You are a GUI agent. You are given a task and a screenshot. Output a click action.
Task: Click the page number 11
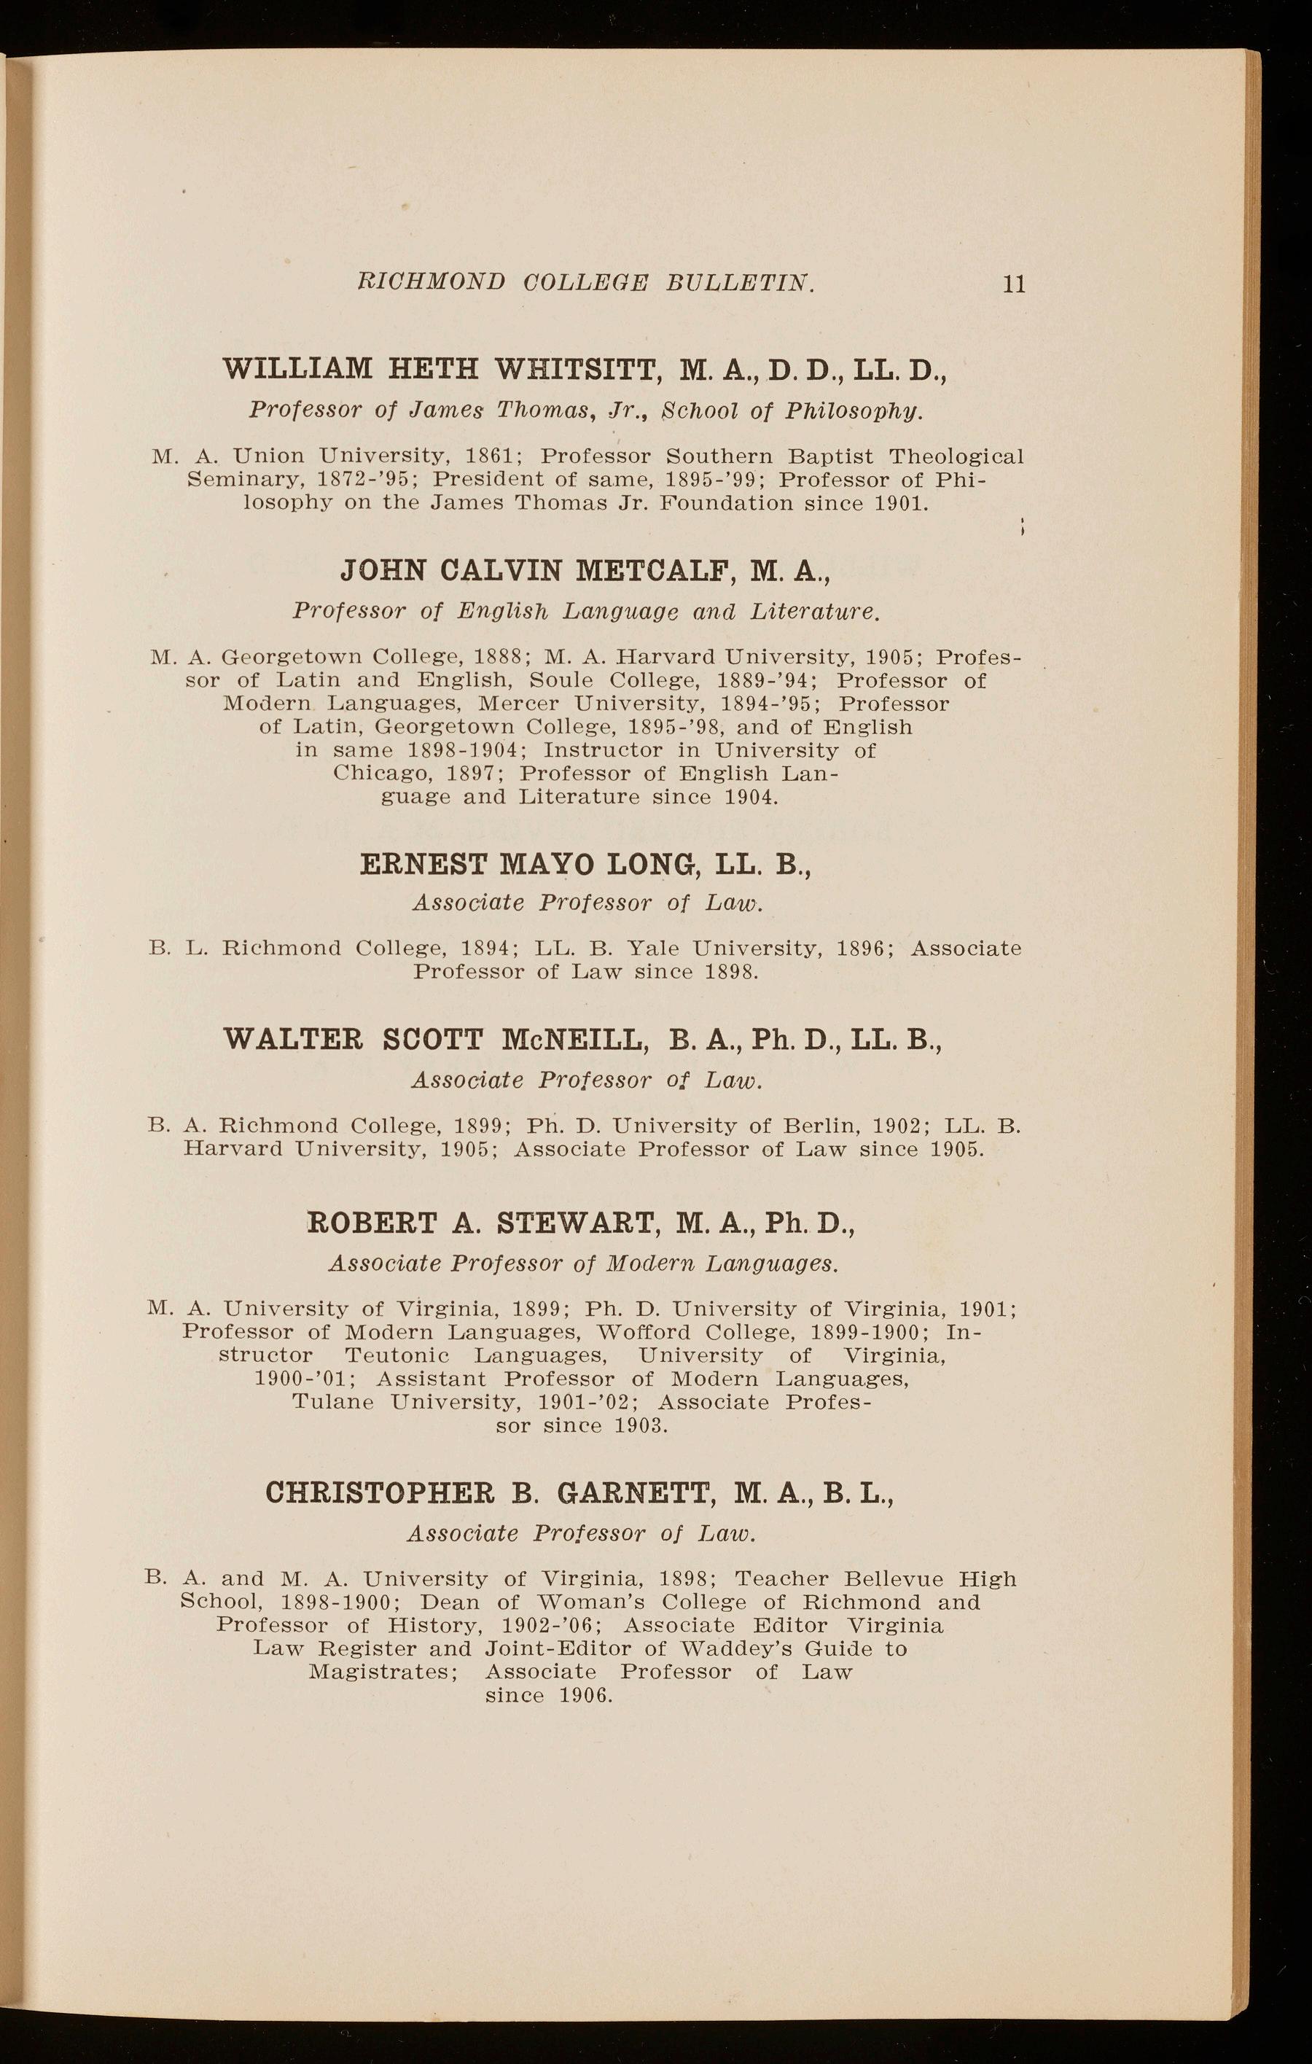click(1014, 284)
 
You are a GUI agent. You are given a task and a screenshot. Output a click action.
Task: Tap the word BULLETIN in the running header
click(741, 282)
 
